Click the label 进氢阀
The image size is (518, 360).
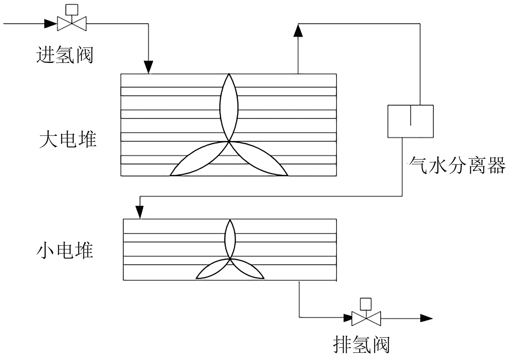point(65,55)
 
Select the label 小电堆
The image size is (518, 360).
point(65,251)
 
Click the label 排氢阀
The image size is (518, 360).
point(361,345)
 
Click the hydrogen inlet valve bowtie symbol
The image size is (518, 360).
point(72,23)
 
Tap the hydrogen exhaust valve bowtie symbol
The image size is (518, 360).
point(366,319)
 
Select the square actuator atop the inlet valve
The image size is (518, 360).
point(72,10)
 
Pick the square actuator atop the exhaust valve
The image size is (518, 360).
point(366,304)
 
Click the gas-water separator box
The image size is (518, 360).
point(410,121)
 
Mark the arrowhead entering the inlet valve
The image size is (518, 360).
point(50,23)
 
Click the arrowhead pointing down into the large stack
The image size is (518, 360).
point(148,67)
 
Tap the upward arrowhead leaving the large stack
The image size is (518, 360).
point(298,31)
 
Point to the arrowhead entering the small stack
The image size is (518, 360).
point(140,213)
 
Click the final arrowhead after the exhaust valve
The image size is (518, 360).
point(426,318)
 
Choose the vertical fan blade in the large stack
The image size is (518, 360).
point(229,107)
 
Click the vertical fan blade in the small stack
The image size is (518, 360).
point(230,239)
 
